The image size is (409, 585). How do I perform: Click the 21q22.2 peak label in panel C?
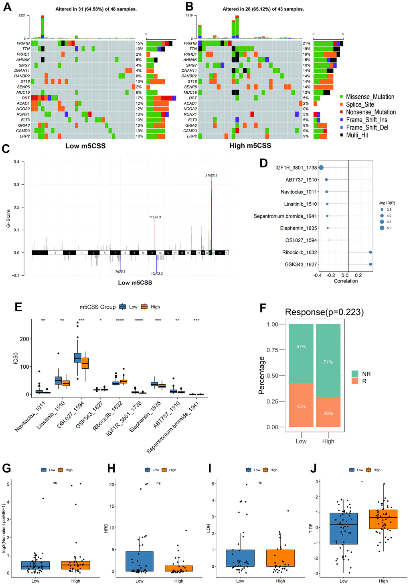[211, 175]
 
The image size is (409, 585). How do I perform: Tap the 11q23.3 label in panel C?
[155, 217]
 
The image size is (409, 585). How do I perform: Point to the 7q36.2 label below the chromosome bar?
[120, 271]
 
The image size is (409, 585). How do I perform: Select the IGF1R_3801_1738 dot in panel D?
[321, 168]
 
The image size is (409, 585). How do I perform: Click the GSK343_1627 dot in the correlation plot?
[371, 264]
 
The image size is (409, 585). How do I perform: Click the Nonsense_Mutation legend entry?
[371, 112]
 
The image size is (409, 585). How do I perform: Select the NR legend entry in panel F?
[366, 374]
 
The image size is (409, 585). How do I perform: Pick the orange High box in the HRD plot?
[179, 568]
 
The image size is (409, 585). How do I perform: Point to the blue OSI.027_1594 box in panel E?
[77, 357]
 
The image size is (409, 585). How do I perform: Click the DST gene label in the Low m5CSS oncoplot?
[25, 98]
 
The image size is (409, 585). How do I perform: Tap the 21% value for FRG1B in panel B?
[306, 43]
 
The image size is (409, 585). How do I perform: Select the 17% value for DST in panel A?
[139, 98]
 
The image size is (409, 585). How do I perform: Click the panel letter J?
[314, 468]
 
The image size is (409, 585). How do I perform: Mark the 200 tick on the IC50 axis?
[24, 339]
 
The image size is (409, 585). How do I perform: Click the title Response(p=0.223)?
[324, 312]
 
